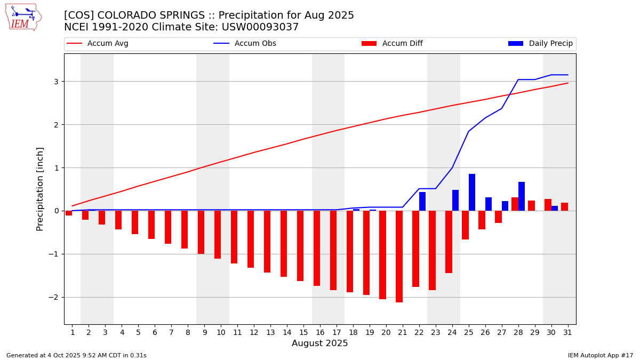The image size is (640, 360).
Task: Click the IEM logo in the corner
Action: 23,17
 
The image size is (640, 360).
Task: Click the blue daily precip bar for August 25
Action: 472,192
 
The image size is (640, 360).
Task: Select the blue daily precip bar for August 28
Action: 522,196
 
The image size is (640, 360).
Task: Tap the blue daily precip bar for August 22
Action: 422,201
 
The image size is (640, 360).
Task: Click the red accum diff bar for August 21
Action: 399,257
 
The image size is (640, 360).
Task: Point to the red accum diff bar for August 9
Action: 201,233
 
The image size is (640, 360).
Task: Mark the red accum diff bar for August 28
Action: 515,204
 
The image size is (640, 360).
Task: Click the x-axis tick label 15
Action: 303,332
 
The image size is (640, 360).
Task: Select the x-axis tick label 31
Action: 567,332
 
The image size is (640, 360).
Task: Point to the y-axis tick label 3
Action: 55,82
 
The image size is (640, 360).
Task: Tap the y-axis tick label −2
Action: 53,297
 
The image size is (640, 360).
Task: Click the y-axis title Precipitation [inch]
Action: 40,189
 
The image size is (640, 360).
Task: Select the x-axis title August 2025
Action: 319,343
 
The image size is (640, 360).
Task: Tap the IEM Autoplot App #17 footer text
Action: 601,355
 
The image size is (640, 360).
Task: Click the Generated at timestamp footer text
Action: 76,355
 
